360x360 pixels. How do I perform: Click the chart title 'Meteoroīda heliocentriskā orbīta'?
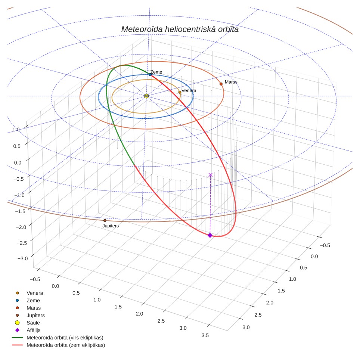(180, 30)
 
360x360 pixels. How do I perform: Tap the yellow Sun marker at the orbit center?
(146, 96)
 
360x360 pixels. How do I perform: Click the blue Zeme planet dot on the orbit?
(150, 75)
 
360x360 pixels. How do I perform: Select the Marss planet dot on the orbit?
(221, 84)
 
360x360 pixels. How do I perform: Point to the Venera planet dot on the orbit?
(180, 92)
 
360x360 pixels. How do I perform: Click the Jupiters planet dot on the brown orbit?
(105, 220)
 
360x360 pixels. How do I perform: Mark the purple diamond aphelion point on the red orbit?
(210, 235)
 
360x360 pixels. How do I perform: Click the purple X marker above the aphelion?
(210, 175)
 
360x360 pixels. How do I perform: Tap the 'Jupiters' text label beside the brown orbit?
(111, 226)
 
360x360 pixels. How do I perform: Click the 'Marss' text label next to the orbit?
(231, 82)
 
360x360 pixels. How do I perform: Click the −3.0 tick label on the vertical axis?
(22, 258)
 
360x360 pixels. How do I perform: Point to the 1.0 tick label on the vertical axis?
(16, 130)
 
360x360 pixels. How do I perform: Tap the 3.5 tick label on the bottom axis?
(205, 335)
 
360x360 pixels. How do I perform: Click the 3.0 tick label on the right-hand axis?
(246, 328)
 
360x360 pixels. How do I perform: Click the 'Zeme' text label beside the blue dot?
(156, 72)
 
